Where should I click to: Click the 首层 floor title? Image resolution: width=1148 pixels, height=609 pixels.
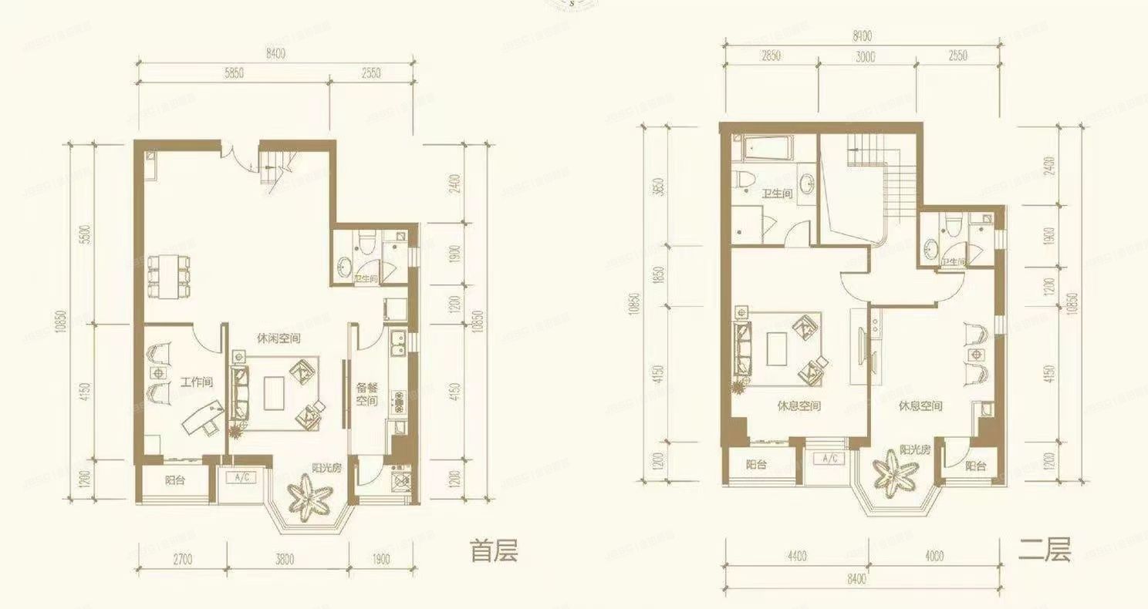(x=494, y=551)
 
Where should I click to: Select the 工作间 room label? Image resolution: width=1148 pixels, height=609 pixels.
(x=197, y=382)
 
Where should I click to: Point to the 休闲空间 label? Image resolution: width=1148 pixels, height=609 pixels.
(x=279, y=338)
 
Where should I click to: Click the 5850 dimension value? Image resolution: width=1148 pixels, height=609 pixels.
(x=234, y=73)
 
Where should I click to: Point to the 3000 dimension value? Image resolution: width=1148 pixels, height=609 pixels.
(x=865, y=56)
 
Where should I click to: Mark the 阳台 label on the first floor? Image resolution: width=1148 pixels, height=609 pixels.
(x=175, y=479)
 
